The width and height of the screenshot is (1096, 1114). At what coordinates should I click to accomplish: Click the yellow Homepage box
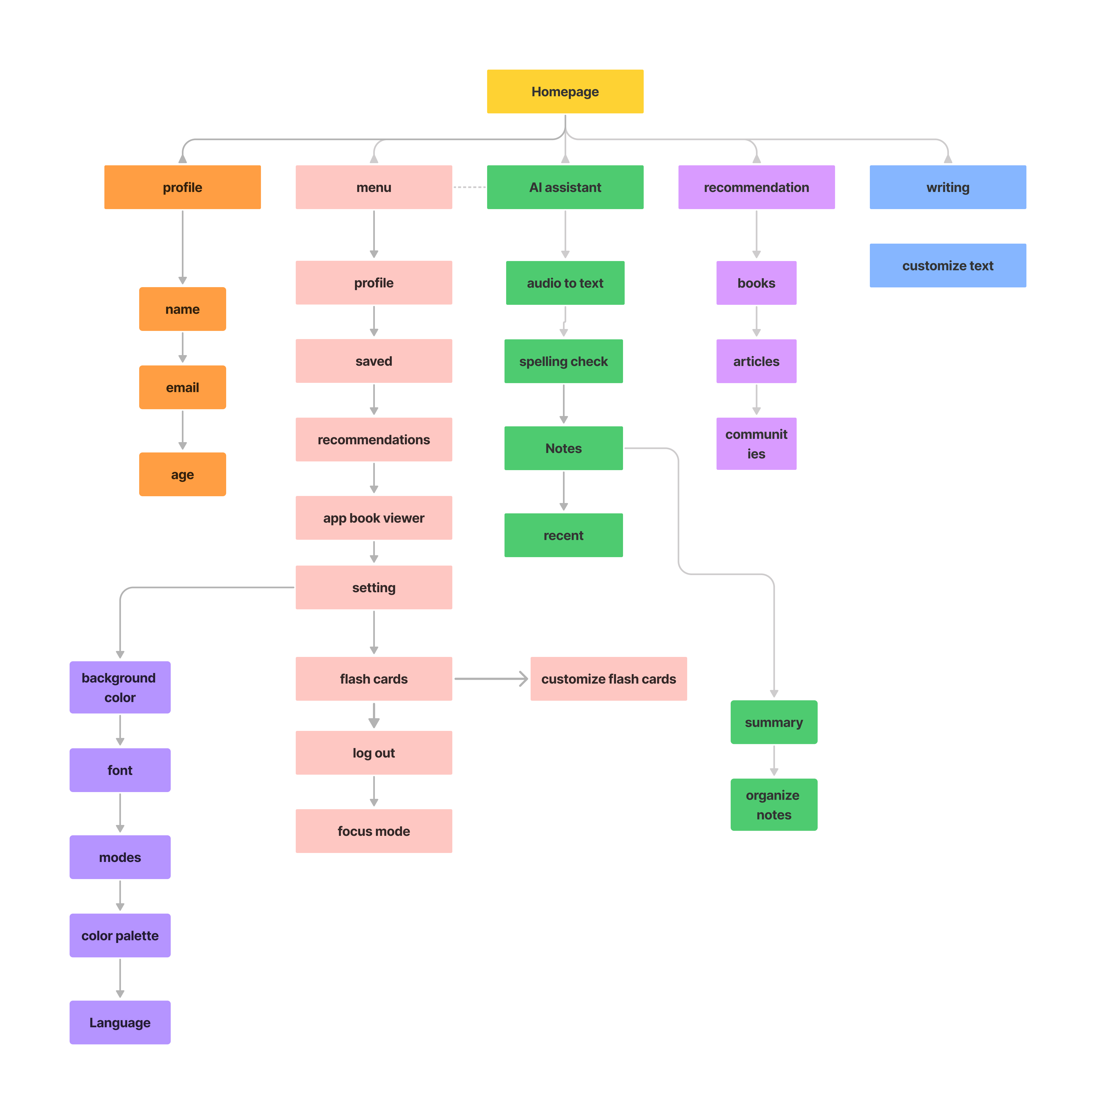click(x=565, y=92)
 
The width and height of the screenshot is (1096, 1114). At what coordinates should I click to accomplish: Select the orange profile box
click(x=182, y=187)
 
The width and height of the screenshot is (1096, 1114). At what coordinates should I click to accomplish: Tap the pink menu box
click(x=373, y=187)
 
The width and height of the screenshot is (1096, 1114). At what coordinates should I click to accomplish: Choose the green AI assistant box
click(x=565, y=187)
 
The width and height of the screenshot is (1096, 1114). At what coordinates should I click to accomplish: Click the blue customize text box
click(x=948, y=265)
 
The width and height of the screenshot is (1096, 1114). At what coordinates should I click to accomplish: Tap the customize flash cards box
click(x=608, y=679)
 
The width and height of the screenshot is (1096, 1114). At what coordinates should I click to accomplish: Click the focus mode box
click(x=373, y=831)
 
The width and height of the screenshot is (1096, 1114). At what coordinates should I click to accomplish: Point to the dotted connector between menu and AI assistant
click(x=469, y=187)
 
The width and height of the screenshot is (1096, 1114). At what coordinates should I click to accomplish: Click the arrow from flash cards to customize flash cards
click(x=490, y=679)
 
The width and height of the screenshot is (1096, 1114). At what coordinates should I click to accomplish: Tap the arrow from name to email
click(x=182, y=347)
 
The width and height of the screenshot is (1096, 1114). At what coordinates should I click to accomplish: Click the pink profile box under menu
click(x=373, y=283)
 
